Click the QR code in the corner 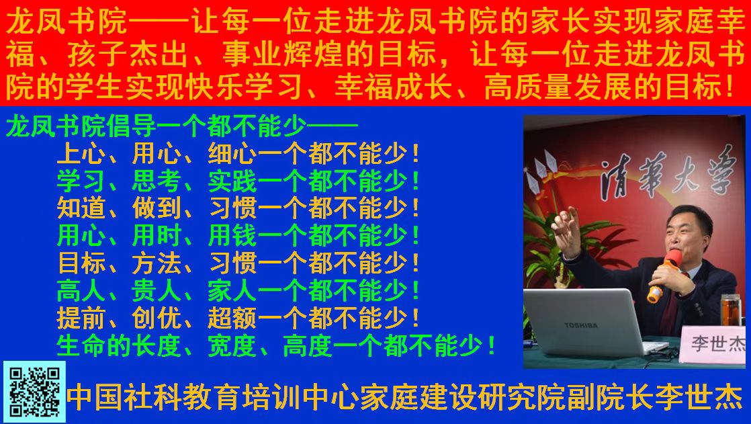click(34, 392)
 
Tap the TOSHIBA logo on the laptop click(580, 325)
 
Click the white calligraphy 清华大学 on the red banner click(668, 173)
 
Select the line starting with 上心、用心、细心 click(238, 154)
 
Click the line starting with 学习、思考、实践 click(238, 181)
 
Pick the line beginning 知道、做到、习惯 click(238, 208)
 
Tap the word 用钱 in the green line click(232, 236)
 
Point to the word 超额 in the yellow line click(232, 318)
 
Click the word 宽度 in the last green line click(232, 345)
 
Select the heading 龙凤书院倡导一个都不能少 click(182, 127)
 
